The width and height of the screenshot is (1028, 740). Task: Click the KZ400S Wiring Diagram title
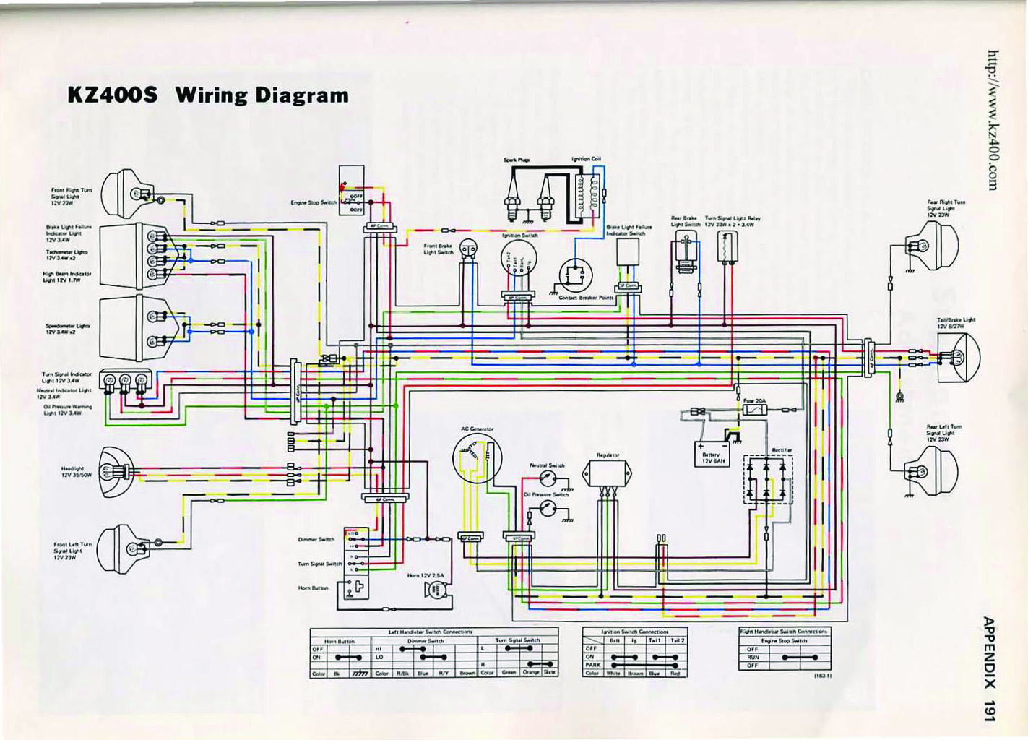tap(208, 95)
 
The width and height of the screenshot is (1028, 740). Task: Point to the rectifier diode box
tap(768, 479)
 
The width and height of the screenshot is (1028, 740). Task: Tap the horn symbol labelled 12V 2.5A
tap(437, 590)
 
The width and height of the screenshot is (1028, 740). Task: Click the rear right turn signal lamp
tap(935, 246)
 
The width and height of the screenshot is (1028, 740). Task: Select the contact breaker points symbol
tap(576, 276)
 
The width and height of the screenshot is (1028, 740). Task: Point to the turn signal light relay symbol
tap(726, 246)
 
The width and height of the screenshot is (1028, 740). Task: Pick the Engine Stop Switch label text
tap(314, 202)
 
